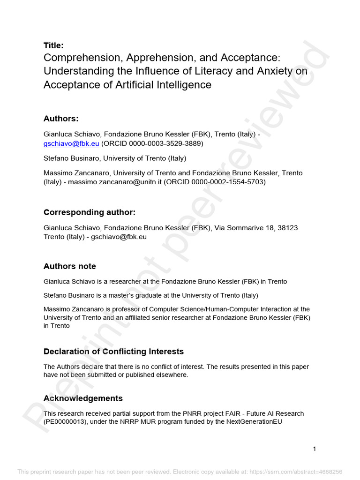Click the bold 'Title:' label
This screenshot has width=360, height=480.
pos(53,45)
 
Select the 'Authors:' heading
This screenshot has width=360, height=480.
pos(61,119)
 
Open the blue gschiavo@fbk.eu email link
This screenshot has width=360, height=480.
pos(71,144)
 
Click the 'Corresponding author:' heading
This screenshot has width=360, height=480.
pos(90,212)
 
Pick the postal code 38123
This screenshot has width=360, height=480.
pos(287,228)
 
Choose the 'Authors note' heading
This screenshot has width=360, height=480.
pos(70,266)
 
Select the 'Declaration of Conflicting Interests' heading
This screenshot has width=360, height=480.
pos(113,352)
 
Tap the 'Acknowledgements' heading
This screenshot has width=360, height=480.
pos(83,398)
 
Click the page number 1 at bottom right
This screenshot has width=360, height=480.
pos(315,449)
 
